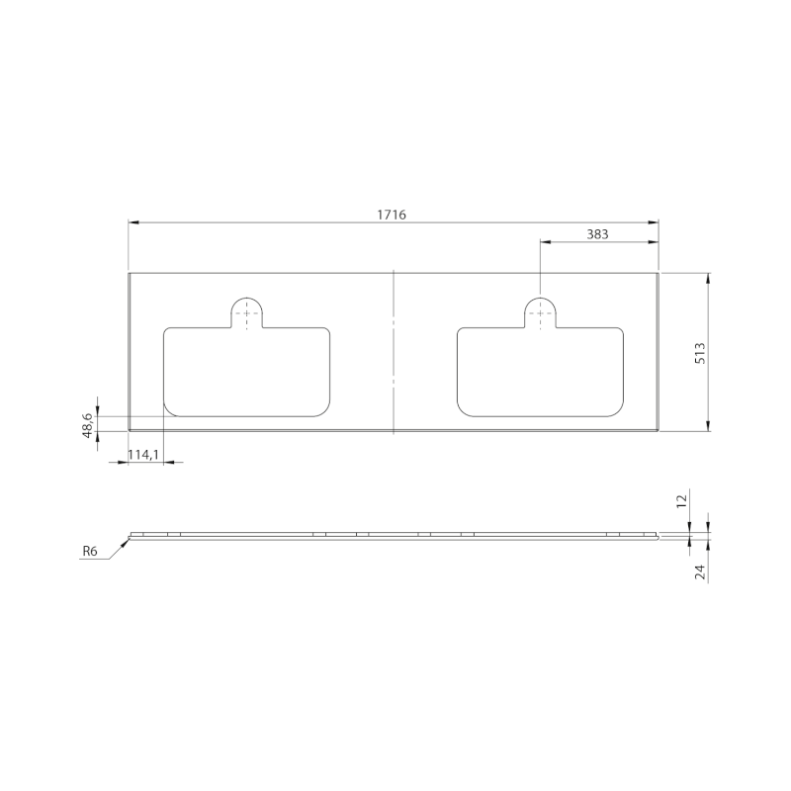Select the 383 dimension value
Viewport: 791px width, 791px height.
597,234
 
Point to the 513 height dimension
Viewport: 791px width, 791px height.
699,353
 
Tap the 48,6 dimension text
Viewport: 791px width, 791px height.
87,424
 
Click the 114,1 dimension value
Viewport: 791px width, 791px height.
144,454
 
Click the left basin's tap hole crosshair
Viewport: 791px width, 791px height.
246,311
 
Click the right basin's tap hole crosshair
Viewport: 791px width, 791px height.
539,311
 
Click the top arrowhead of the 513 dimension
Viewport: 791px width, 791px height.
708,278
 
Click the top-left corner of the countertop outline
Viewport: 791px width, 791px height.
130,273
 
